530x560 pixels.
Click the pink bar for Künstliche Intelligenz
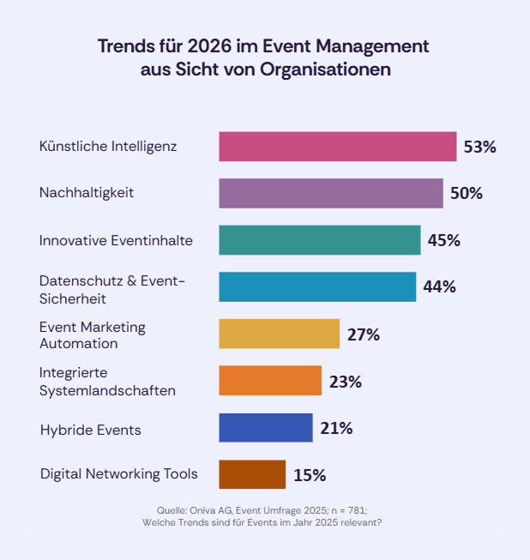point(337,147)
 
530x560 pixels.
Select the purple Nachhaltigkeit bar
point(331,193)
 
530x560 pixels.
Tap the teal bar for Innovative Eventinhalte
point(320,240)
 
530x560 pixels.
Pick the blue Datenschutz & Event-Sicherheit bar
point(317,286)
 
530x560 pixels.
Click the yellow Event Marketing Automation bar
point(280,334)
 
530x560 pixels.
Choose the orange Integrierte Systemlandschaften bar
point(270,381)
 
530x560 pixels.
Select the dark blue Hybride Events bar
point(266,427)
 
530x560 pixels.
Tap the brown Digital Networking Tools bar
point(252,474)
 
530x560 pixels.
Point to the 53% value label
point(479,147)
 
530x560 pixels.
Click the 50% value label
point(467,193)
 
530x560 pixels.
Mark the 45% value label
point(444,240)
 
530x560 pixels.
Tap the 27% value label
point(364,334)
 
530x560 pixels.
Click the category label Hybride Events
point(90,430)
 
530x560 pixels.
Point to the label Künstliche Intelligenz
point(108,146)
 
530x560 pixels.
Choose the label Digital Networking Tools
point(119,473)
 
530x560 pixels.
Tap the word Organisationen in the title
point(326,69)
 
